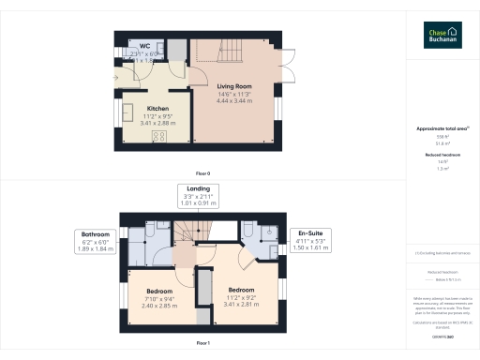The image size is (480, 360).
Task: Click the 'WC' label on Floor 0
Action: (145, 46)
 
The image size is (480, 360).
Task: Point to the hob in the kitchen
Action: (157, 137)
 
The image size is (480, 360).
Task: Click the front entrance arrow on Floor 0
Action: (113, 77)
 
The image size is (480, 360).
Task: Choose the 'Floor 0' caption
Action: (202, 173)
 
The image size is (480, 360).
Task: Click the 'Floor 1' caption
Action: (202, 344)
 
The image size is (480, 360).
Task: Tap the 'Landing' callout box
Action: (198, 195)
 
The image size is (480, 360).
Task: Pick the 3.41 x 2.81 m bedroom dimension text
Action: (241, 305)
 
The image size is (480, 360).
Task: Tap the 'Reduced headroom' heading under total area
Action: (442, 155)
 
